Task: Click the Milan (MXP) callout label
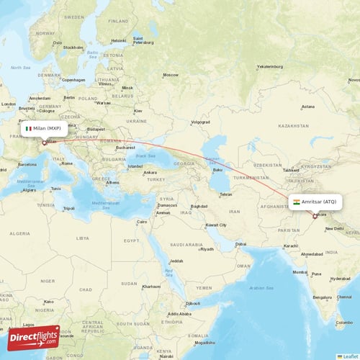click(45, 128)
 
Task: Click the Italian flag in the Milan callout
click(28, 128)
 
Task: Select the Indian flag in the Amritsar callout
click(296, 202)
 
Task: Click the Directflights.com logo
click(34, 338)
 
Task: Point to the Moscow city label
click(171, 75)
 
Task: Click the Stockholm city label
click(73, 48)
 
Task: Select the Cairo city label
click(142, 222)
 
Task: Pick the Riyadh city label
click(207, 249)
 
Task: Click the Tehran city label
click(225, 194)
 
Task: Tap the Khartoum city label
click(151, 286)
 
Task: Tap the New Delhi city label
click(334, 229)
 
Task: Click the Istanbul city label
click(135, 166)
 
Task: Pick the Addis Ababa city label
click(178, 314)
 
